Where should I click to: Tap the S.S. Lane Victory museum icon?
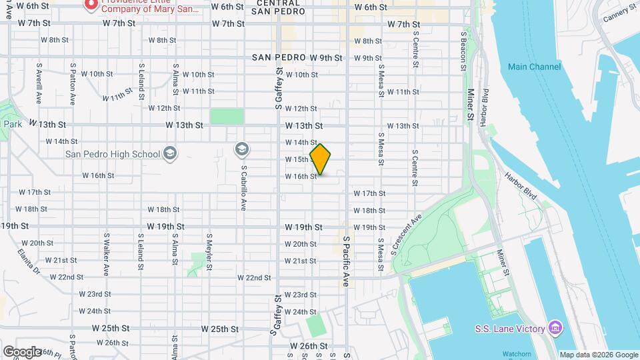[x=555, y=328]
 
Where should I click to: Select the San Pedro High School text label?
[x=113, y=154]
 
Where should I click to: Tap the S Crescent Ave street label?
[x=406, y=234]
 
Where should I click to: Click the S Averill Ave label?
[x=39, y=84]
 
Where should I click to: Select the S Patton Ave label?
[x=72, y=84]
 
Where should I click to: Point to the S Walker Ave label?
[x=106, y=253]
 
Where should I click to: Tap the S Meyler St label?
[x=209, y=253]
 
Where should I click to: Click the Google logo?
[x=22, y=351]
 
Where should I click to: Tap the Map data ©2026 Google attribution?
[x=598, y=355]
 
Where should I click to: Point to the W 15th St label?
[x=297, y=159]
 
